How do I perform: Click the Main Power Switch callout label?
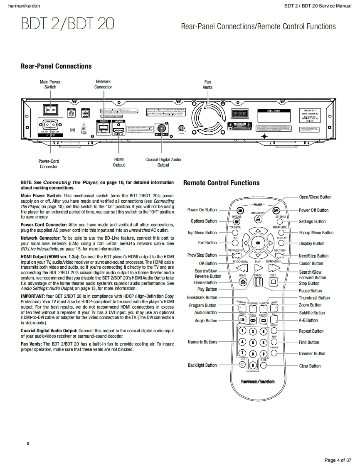point(50,84)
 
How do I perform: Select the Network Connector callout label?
point(103,84)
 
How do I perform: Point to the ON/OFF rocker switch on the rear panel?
point(51,109)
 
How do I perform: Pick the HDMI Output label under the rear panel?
point(119,162)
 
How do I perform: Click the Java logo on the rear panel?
point(84,127)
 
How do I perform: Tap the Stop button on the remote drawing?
point(273,282)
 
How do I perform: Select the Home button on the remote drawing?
point(243,282)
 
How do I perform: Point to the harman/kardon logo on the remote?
point(258,381)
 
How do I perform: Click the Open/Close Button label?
point(315,197)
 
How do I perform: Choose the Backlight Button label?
point(202,365)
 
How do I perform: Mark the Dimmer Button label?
point(312,353)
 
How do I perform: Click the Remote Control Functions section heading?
point(221,183)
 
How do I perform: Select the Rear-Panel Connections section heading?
point(56,66)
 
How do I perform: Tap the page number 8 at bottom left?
point(28,444)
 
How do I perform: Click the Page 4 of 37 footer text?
point(338,460)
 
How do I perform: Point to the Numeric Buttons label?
point(202,342)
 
